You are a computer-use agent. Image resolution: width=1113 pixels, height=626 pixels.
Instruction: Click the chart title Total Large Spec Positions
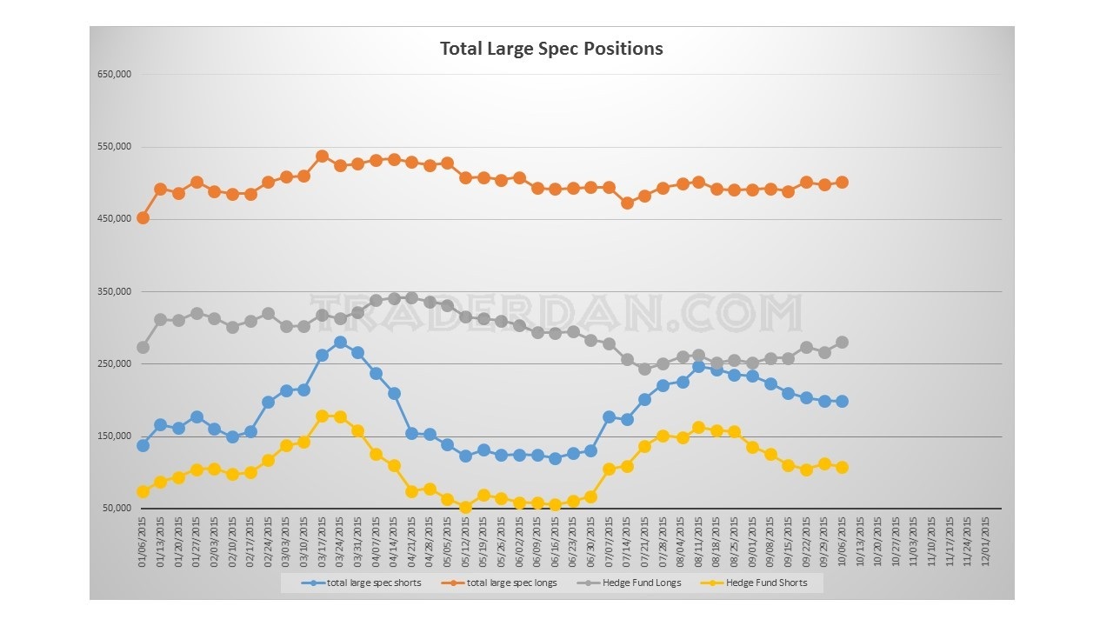(551, 49)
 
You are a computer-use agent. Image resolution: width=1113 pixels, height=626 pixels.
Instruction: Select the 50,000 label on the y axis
(117, 509)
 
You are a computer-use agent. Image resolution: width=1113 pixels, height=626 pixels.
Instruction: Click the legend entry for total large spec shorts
(374, 583)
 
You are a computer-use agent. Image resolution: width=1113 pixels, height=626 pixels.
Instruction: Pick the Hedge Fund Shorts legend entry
(766, 583)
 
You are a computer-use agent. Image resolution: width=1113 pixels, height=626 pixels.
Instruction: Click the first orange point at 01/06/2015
(143, 217)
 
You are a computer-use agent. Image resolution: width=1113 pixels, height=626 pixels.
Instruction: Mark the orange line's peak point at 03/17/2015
(322, 156)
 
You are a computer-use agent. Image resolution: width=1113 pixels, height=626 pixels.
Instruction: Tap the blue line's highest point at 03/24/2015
(340, 342)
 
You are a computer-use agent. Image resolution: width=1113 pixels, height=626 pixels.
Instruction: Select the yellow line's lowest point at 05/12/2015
(465, 507)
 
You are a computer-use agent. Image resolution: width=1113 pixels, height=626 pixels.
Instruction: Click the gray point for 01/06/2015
(143, 347)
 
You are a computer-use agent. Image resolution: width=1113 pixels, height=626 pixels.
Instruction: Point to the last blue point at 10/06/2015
(842, 401)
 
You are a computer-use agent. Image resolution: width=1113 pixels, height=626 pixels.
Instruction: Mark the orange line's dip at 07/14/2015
(627, 203)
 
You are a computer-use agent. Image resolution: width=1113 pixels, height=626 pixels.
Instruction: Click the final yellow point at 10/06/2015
(842, 467)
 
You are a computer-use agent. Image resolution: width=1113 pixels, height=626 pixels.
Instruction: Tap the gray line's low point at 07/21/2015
(644, 369)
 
